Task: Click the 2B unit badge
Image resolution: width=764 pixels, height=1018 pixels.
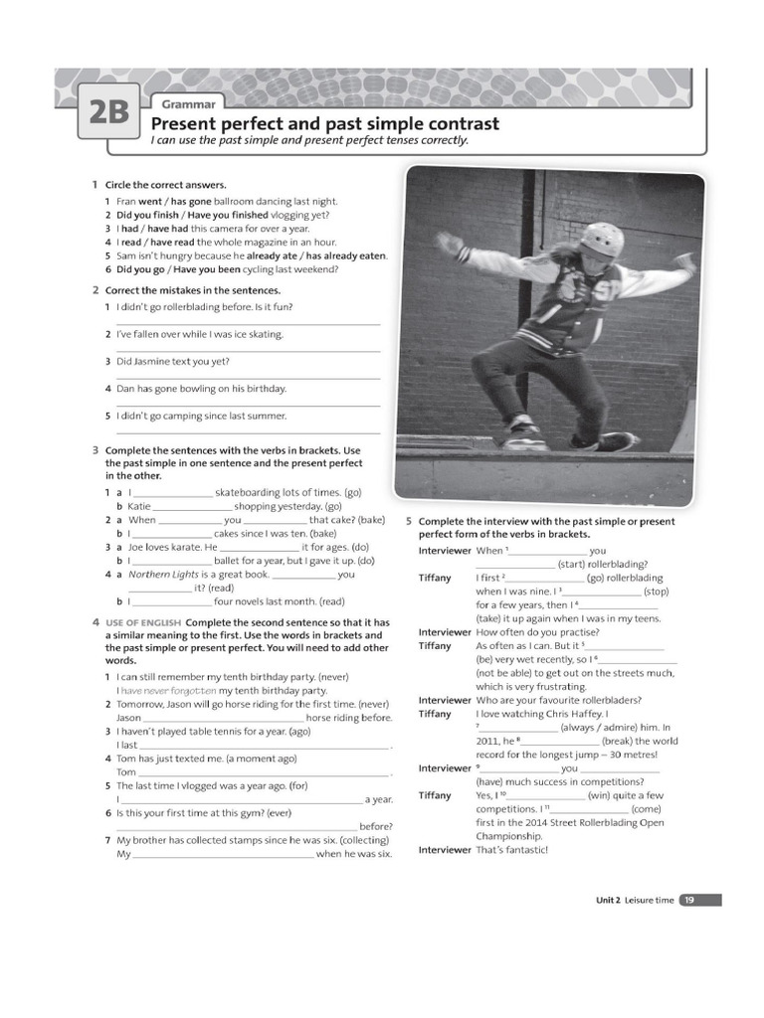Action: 108,114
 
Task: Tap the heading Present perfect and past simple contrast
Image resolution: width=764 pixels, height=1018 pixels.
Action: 324,124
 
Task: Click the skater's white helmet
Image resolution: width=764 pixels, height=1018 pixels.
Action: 602,239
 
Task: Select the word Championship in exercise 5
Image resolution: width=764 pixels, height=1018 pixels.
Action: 509,836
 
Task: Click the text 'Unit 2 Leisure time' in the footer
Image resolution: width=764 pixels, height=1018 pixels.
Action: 635,900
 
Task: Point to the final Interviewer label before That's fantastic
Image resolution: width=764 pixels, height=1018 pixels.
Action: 444,850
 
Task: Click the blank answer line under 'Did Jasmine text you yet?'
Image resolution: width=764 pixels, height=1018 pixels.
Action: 248,378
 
